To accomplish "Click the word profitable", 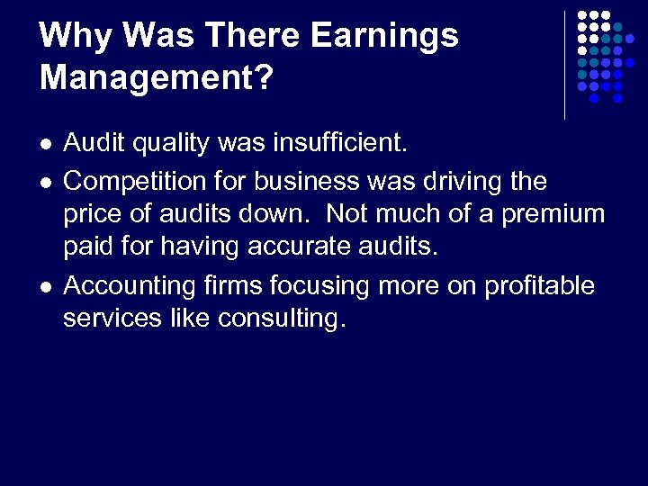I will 540,285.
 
